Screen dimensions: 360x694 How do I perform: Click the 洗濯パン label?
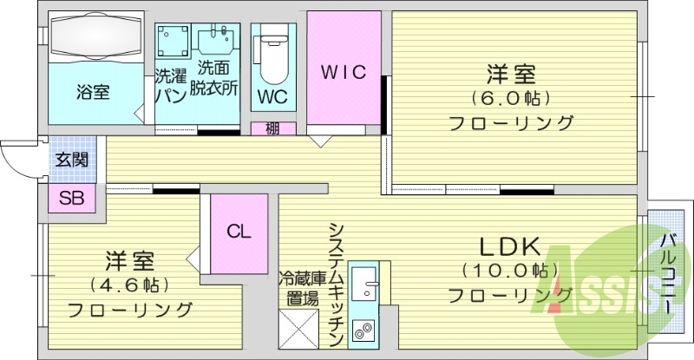tap(169, 85)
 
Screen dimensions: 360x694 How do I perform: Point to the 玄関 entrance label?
tap(71, 160)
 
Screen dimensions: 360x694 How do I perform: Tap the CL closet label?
tap(239, 232)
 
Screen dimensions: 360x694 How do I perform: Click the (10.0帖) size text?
tap(510, 270)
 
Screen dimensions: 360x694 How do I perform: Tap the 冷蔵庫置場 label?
tap(298, 288)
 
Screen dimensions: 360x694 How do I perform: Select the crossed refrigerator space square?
tap(298, 333)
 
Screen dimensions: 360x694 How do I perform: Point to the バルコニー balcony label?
tap(667, 273)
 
